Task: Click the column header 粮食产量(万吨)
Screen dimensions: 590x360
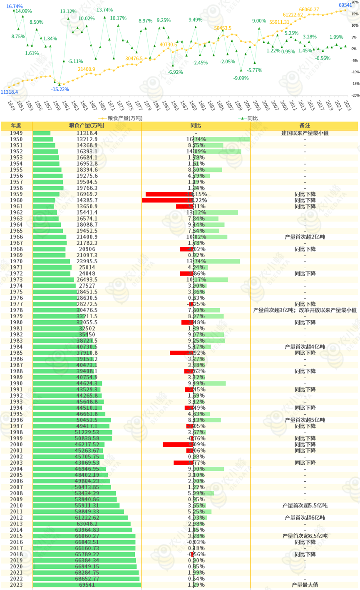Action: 87,125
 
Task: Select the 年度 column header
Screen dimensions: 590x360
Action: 16,125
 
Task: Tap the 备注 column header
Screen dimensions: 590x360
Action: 305,125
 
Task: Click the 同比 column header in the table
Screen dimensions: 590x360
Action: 196,125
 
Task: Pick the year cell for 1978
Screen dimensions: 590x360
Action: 16,310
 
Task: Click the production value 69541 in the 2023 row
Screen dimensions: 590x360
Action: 87,585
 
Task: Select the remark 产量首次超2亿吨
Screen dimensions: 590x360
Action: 305,237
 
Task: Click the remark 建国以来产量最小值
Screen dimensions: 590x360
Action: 305,133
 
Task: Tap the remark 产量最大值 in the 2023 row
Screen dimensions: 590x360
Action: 305,585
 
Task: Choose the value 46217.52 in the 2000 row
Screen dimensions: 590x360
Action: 87,445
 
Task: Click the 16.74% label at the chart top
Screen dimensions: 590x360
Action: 15,6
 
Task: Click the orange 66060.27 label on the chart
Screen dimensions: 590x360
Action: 309,10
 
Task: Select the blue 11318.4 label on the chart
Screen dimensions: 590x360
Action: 9,92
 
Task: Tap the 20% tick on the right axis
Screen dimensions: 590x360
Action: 355,2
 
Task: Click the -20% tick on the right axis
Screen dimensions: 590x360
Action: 355,95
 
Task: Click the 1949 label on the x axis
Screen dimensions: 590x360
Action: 11,106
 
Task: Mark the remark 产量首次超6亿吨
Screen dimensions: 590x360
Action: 305,518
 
